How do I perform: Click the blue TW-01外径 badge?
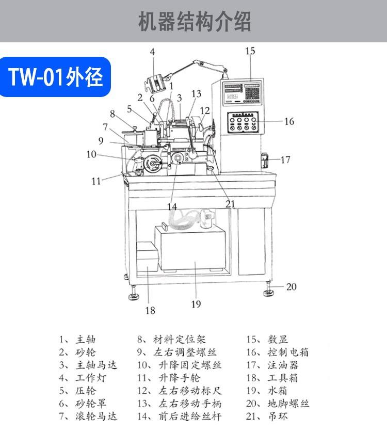click(x=56, y=76)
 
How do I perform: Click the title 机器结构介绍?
click(x=193, y=22)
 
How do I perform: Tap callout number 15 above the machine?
click(x=250, y=51)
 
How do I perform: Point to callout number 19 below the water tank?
click(x=196, y=304)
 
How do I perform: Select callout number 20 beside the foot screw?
click(x=292, y=286)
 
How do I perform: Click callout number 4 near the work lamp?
click(x=153, y=51)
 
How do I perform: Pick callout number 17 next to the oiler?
click(x=285, y=159)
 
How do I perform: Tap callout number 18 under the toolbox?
click(x=150, y=310)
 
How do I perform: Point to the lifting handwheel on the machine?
click(x=152, y=165)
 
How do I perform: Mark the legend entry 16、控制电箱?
click(x=277, y=353)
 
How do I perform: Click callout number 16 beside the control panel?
click(x=289, y=121)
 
